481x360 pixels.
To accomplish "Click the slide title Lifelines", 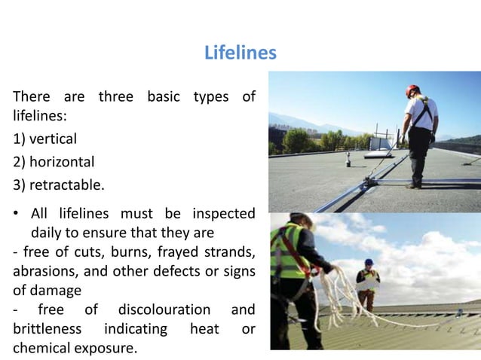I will pos(240,53).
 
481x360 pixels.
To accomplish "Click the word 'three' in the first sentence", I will pos(116,98).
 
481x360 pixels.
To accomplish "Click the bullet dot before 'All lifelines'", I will pos(17,215).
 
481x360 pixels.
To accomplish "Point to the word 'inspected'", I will pos(223,214).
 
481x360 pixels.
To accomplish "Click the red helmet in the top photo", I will pos(412,90).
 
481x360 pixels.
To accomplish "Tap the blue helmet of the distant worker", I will pos(369,262).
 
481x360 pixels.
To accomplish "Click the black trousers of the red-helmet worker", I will pos(419,154).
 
